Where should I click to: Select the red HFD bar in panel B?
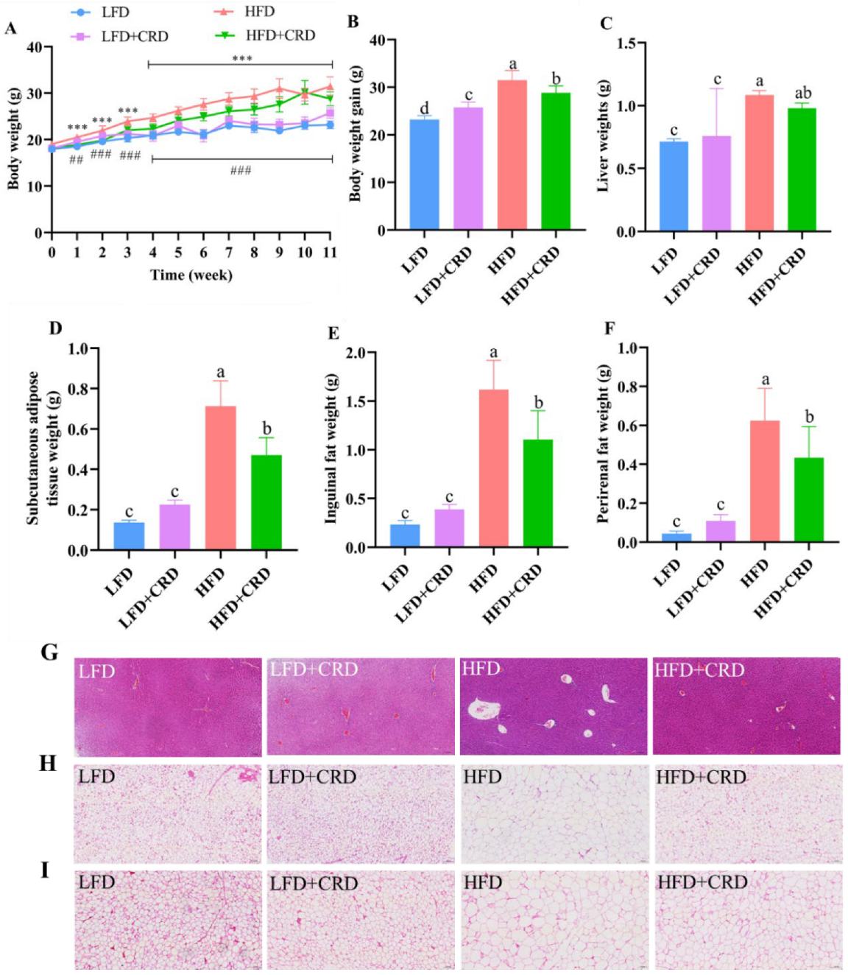point(512,155)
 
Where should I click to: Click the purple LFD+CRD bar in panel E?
point(449,527)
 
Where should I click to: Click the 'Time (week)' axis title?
point(191,275)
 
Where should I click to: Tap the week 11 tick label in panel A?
point(330,253)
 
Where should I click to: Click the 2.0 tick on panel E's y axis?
point(356,353)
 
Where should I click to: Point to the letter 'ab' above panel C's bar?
point(802,94)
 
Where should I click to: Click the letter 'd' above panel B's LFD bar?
point(424,109)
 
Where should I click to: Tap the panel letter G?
point(49,652)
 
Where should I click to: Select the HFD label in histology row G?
point(481,669)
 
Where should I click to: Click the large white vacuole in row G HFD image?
point(484,709)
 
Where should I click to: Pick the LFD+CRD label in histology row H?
point(312,777)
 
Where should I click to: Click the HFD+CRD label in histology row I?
point(702,882)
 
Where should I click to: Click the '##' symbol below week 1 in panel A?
point(76,159)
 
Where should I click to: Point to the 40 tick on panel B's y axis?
point(378,40)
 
